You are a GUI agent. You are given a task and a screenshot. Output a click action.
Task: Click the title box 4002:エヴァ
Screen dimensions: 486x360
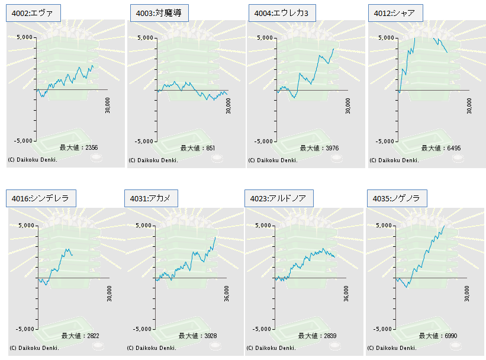click(x=34, y=13)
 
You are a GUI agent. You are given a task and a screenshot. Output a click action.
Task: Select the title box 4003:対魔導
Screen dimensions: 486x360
click(x=159, y=13)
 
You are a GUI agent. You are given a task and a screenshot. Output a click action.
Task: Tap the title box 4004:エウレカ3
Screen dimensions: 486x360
click(x=282, y=13)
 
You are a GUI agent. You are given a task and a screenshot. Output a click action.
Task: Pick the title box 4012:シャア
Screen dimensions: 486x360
click(x=395, y=13)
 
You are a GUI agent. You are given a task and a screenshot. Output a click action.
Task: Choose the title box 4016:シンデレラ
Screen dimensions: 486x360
click(x=41, y=198)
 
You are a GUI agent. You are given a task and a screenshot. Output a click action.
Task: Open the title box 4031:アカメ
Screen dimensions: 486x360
click(x=151, y=198)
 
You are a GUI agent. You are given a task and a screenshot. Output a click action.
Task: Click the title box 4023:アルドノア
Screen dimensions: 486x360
click(x=279, y=198)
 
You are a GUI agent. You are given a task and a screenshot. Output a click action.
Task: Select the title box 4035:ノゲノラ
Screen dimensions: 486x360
click(x=397, y=198)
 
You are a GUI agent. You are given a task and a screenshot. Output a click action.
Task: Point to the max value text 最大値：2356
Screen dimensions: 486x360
click(x=79, y=147)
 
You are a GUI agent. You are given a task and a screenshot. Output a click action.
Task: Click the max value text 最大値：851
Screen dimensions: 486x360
click(x=198, y=148)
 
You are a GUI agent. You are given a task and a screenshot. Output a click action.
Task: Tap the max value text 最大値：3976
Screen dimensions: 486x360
click(x=319, y=148)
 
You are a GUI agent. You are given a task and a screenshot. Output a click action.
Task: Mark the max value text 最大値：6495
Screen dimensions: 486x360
click(x=441, y=148)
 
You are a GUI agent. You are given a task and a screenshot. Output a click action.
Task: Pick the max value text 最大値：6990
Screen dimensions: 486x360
click(x=438, y=336)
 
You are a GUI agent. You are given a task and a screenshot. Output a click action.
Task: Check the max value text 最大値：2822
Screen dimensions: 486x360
click(x=81, y=336)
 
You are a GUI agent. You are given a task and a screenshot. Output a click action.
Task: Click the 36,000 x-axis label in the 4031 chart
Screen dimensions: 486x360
click(x=227, y=293)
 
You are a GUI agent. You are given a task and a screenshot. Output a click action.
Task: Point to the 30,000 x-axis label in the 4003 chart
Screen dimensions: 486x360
click(x=228, y=106)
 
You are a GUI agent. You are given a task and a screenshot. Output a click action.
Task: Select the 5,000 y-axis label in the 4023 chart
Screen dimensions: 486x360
click(x=263, y=226)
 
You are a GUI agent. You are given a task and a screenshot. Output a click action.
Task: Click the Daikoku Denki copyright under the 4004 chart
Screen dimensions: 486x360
click(x=273, y=160)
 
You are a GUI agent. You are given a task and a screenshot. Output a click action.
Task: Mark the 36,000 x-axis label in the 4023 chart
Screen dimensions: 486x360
click(x=346, y=293)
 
